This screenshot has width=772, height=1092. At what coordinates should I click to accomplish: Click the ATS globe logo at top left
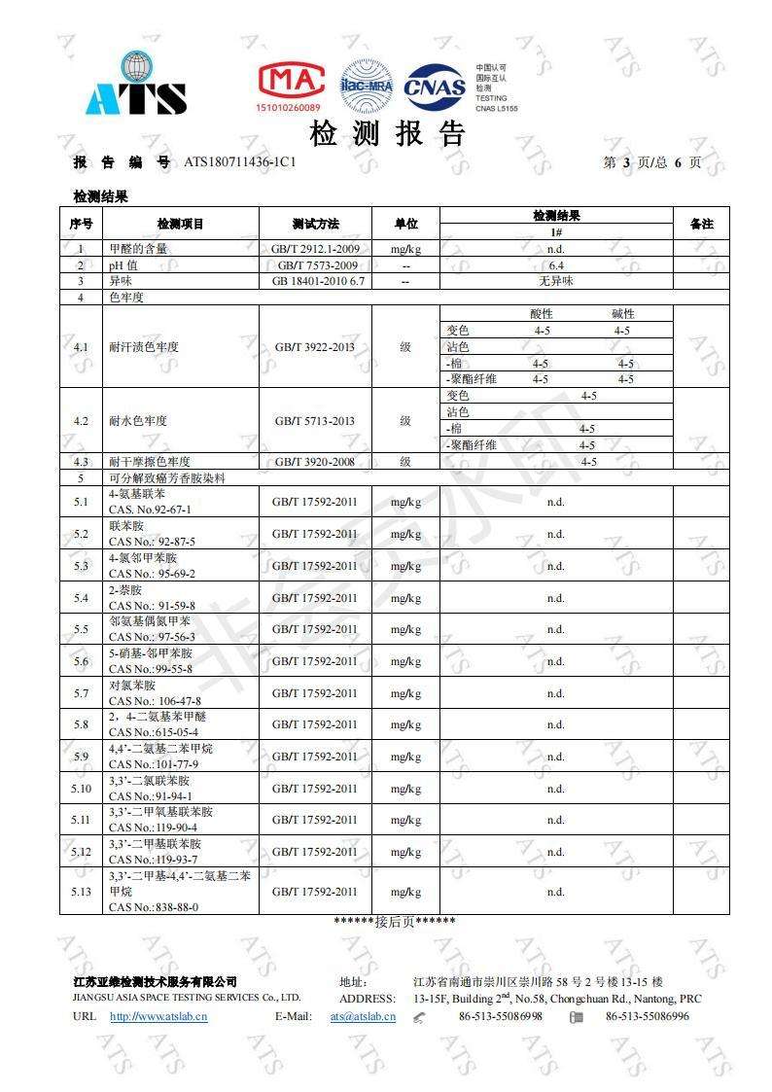[136, 85]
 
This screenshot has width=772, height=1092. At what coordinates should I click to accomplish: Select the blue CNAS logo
[435, 87]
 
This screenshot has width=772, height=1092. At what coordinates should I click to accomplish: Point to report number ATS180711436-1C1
[240, 162]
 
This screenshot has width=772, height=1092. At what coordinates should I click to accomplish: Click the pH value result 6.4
[556, 264]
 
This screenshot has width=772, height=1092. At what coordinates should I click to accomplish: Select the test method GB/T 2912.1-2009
[316, 249]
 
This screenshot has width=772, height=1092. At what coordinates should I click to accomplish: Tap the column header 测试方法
[316, 224]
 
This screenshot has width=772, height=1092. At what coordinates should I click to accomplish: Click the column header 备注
[701, 224]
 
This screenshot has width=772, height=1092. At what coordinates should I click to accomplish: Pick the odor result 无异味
[556, 280]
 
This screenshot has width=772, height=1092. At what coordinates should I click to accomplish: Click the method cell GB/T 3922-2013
[315, 346]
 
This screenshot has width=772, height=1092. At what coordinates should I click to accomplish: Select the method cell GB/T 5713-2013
[315, 421]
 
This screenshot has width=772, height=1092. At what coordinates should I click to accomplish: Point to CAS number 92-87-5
[153, 542]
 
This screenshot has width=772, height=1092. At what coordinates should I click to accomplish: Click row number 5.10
[81, 789]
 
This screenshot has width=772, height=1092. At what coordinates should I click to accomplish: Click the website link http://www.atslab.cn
[158, 1016]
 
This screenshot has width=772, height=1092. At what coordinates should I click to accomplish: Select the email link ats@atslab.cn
[363, 1016]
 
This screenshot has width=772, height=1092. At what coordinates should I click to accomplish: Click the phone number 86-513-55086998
[501, 1016]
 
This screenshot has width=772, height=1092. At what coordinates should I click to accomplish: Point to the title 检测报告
[388, 133]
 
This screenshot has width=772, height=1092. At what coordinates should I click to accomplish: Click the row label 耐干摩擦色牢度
[150, 462]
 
